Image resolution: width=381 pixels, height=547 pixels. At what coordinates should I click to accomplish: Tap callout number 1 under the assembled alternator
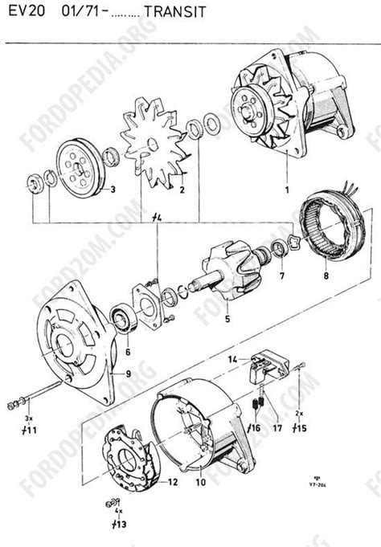285,191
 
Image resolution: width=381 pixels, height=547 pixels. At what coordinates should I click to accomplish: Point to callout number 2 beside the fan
182,190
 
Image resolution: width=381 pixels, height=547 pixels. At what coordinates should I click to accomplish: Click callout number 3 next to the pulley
113,190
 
